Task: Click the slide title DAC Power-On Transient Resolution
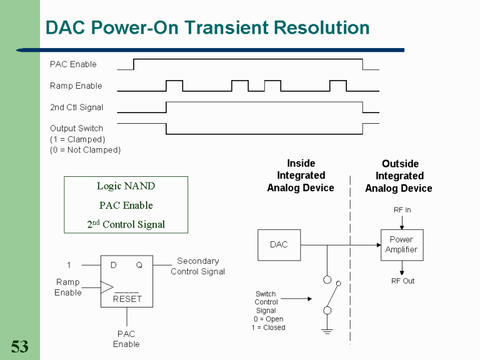207,28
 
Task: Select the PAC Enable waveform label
73,64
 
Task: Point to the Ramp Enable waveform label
76,86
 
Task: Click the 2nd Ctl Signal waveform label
76,107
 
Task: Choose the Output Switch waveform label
76,128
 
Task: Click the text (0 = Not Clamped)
85,150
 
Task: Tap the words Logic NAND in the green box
126,186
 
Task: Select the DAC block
279,244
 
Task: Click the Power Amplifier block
401,244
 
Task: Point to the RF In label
402,210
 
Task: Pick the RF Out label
402,281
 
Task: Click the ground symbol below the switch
327,331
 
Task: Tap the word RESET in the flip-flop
127,299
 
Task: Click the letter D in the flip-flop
113,265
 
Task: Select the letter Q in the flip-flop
139,265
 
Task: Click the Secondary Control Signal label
197,266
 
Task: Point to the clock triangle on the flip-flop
107,287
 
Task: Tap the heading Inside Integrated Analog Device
301,176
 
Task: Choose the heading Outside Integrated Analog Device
399,176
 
